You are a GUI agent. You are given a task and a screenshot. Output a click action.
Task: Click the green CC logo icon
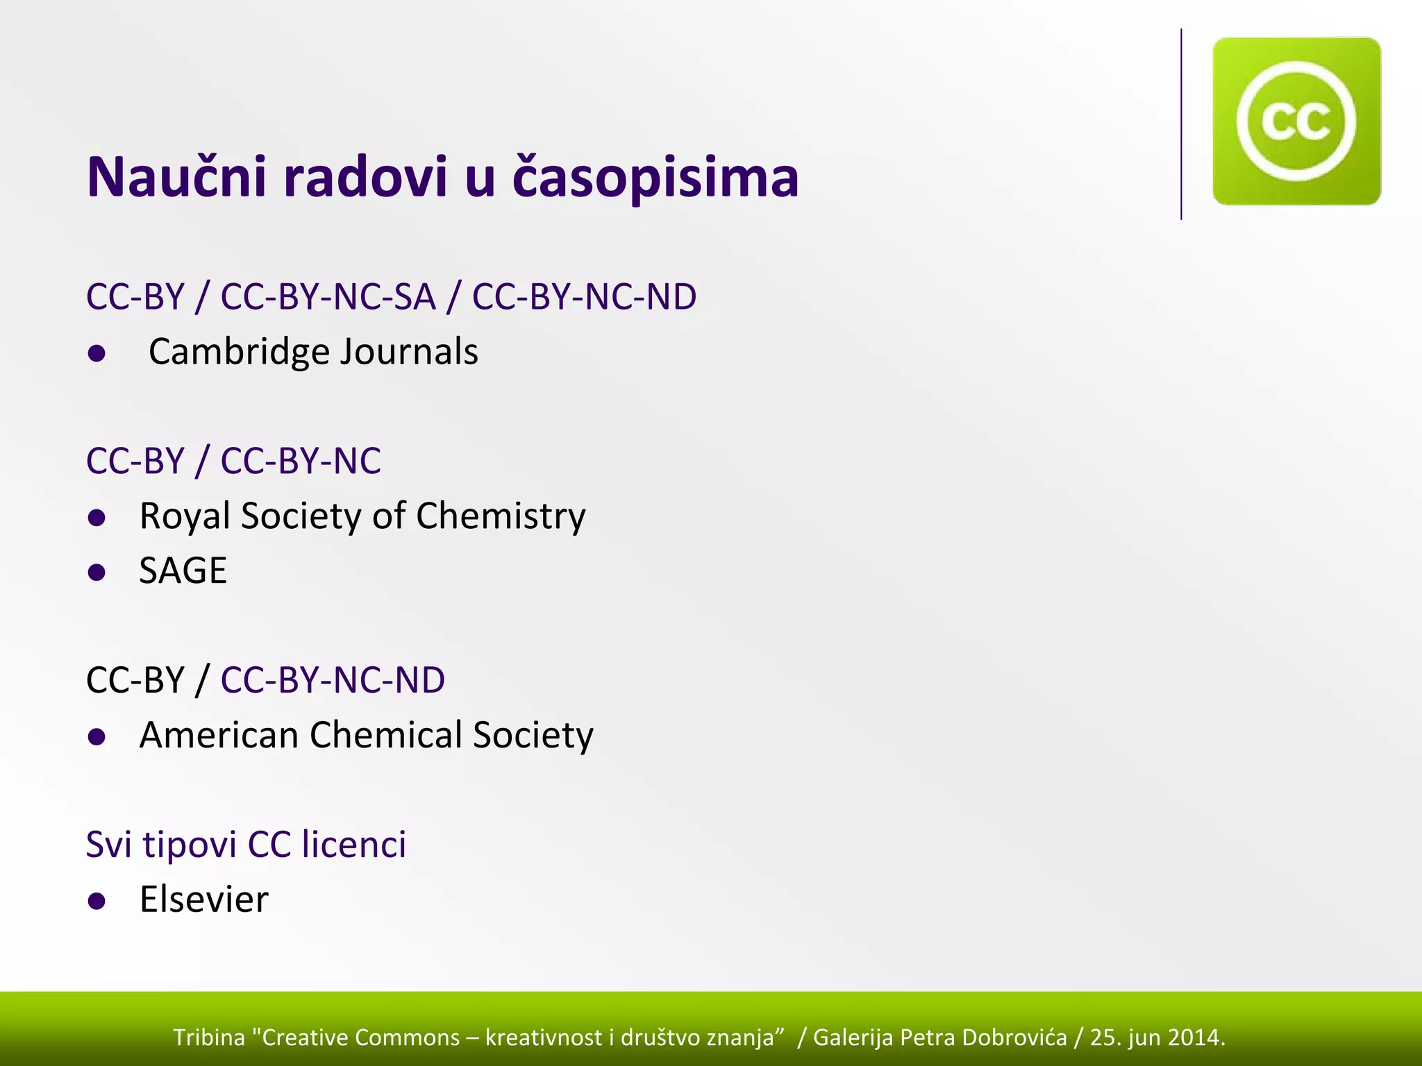click(1296, 121)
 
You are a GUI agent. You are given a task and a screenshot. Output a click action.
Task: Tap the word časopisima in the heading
click(655, 178)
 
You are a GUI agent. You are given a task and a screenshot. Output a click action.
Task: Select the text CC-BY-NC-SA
click(328, 297)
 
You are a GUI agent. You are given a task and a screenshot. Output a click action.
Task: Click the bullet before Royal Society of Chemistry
click(97, 518)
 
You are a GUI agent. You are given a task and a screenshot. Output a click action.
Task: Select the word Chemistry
click(501, 516)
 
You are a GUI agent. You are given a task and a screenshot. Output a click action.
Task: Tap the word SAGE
click(183, 571)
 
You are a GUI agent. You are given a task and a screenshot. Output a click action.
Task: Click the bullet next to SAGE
click(97, 573)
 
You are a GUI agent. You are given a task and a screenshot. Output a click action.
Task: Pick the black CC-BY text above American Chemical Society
click(135, 680)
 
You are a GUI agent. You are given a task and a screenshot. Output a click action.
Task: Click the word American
click(219, 735)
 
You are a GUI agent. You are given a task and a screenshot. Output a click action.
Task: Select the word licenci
click(354, 845)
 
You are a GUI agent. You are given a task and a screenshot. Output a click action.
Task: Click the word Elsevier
click(203, 899)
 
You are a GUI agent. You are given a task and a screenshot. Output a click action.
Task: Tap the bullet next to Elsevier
click(97, 902)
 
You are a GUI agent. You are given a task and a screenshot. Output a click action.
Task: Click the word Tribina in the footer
click(209, 1038)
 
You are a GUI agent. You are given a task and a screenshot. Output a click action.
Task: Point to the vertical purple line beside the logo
click(1181, 125)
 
